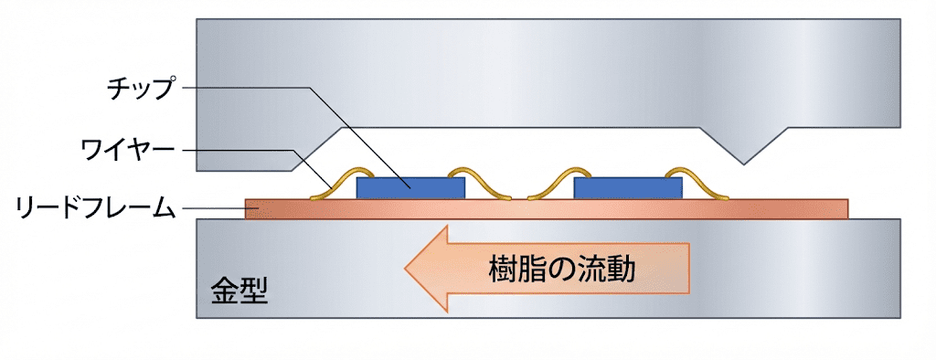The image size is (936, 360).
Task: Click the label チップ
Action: (x=138, y=89)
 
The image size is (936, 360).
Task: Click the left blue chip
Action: (x=410, y=187)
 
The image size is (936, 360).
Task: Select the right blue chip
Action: (x=627, y=187)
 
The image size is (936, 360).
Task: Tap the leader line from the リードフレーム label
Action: (x=215, y=209)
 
